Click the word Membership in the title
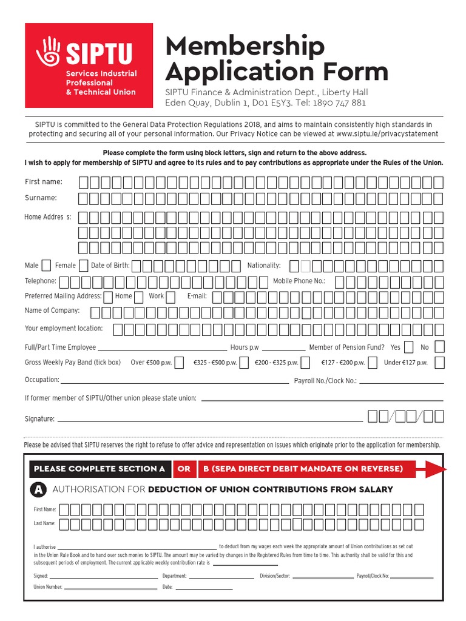(x=245, y=46)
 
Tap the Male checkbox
(x=46, y=265)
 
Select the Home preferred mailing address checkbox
(x=107, y=297)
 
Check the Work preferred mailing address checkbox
(x=138, y=297)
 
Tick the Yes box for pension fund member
(x=409, y=347)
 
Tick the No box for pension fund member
(x=439, y=347)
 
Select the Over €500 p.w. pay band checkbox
(x=180, y=363)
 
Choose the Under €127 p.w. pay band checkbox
(x=439, y=363)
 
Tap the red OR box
(x=184, y=469)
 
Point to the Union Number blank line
(x=110, y=588)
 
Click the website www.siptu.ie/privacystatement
(x=386, y=133)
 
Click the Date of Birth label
(x=110, y=266)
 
